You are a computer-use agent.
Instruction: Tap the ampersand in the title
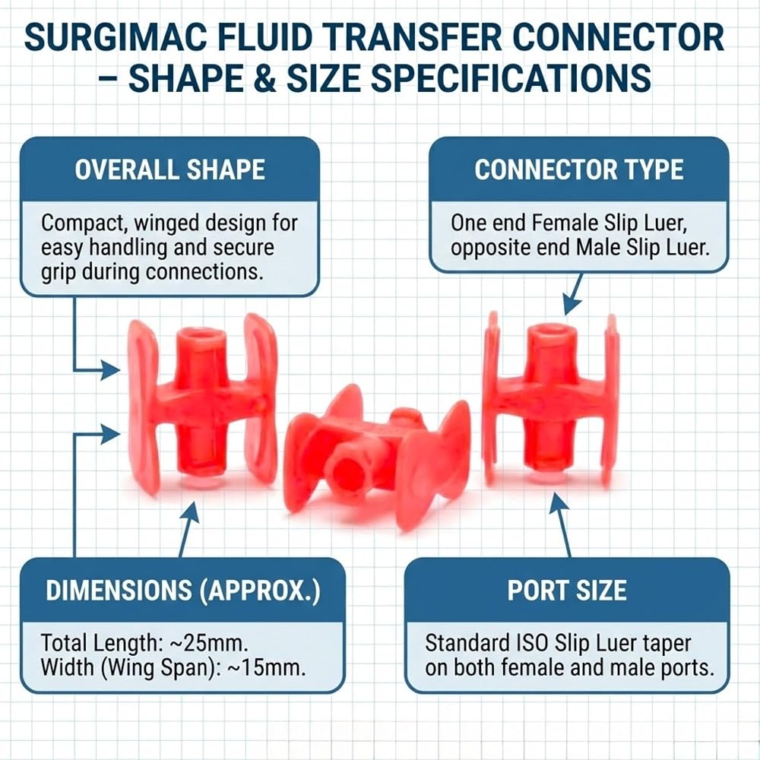click(x=264, y=78)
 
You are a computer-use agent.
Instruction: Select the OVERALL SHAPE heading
click(x=169, y=169)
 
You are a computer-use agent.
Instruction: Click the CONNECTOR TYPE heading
click(x=578, y=169)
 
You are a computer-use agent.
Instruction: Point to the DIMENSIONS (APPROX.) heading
click(x=182, y=591)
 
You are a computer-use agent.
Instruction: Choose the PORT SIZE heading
click(x=567, y=591)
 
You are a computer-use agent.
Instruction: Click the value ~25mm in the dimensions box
click(x=210, y=643)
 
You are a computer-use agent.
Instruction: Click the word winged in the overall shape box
click(x=166, y=223)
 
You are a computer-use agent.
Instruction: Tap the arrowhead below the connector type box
click(x=572, y=306)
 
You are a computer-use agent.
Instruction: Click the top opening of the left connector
click(x=201, y=334)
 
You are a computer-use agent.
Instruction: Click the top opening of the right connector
click(x=552, y=330)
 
